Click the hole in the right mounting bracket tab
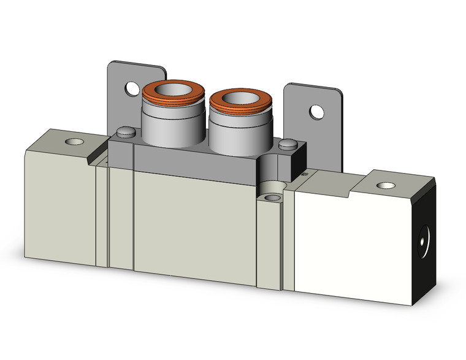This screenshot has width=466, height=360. [x=316, y=112]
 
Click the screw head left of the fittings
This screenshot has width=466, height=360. [x=125, y=131]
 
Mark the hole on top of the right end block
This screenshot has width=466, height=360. [x=385, y=185]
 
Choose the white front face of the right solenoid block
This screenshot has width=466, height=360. [x=353, y=245]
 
